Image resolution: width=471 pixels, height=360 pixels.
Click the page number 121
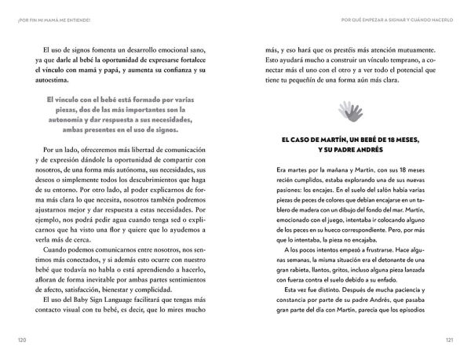448,340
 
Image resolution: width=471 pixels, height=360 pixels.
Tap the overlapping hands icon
349,111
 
